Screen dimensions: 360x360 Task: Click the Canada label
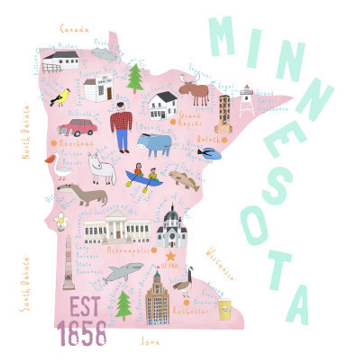(x=74, y=29)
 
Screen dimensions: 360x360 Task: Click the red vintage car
(x=77, y=127)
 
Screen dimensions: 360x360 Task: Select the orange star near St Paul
(x=171, y=256)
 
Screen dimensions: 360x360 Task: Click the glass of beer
(x=224, y=309)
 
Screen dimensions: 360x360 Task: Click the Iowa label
(x=150, y=342)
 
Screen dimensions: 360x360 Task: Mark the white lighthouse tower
(x=246, y=100)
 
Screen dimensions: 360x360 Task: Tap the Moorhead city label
(x=75, y=143)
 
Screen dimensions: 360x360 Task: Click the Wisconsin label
(x=220, y=264)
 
